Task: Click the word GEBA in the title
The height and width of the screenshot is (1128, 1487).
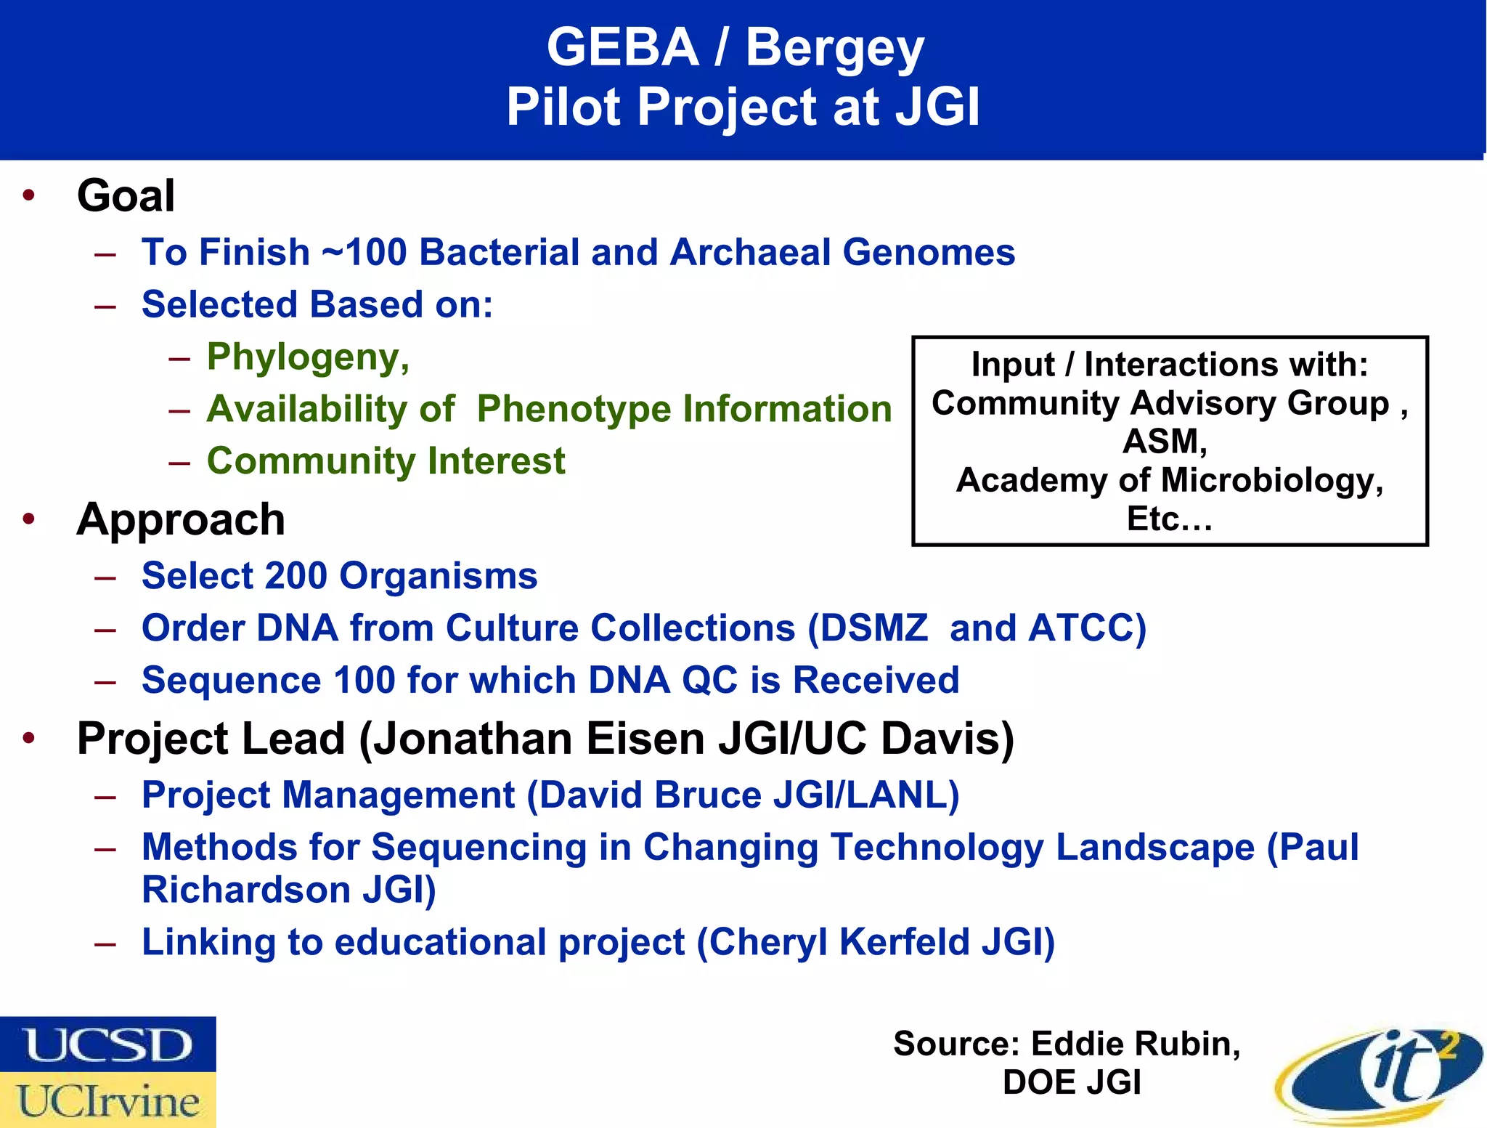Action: [x=622, y=48]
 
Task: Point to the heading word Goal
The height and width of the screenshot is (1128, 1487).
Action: [x=126, y=196]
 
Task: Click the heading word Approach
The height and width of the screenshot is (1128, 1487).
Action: [x=181, y=520]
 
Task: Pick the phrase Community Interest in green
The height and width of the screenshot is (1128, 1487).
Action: [x=386, y=461]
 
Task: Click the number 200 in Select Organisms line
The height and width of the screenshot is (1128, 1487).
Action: [x=296, y=576]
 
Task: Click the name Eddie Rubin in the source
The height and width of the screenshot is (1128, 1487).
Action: [x=1135, y=1044]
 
